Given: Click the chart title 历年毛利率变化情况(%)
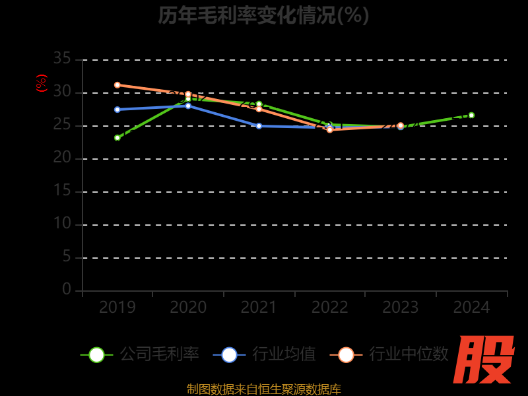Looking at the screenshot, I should (263, 15).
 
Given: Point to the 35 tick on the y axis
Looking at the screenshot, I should (62, 59).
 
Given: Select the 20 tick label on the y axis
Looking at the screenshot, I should (62, 158).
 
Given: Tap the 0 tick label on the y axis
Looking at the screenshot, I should (67, 289).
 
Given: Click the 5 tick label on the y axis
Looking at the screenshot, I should (67, 256).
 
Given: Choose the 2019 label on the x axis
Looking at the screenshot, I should (117, 308).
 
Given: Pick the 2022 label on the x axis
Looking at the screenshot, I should (330, 308).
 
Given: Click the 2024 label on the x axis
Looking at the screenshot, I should (471, 308).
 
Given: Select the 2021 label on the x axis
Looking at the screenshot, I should (259, 308).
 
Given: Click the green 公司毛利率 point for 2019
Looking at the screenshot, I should (117, 138).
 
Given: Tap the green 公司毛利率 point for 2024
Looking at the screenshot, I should (471, 115).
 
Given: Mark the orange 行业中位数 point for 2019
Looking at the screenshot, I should (117, 85).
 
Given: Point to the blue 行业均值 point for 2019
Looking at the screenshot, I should (117, 110).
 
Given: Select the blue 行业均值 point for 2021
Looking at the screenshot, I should (259, 126).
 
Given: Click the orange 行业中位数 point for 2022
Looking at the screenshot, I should (330, 130).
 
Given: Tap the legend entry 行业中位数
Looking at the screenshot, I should (389, 354).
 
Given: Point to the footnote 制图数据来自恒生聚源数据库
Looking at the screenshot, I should (263, 389).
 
